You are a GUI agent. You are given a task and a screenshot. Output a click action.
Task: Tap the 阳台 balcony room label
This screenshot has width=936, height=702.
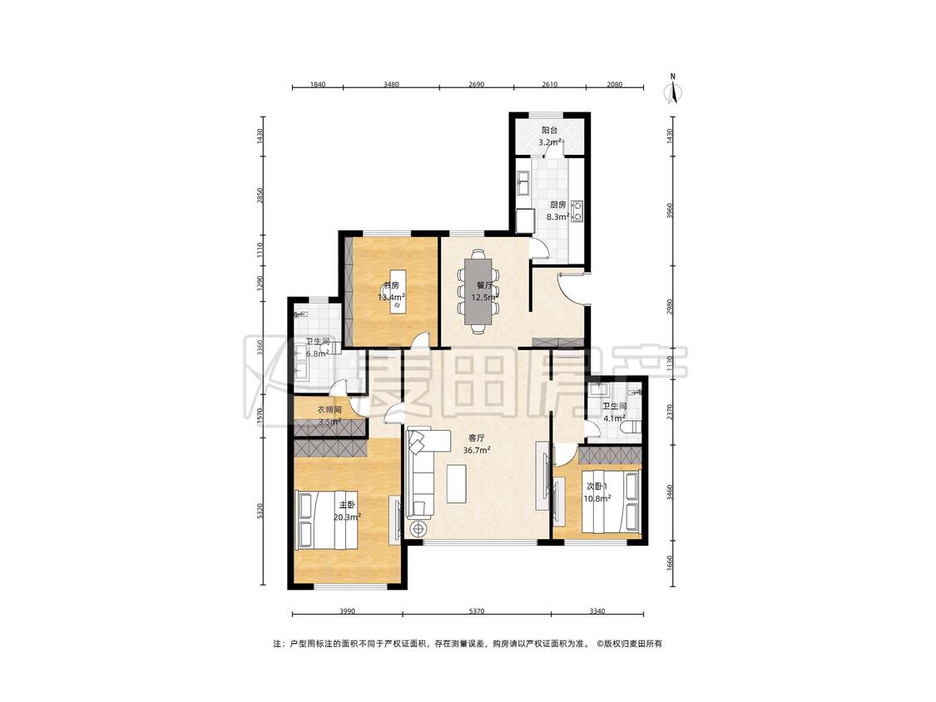(550, 130)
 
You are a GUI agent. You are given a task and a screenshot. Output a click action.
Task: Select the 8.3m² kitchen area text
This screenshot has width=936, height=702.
(557, 217)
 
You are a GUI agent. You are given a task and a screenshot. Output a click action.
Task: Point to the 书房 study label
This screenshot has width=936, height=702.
(392, 285)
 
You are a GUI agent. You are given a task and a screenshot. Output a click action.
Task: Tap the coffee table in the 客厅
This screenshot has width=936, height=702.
(457, 484)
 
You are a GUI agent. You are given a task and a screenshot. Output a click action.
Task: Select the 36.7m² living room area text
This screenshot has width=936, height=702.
(477, 451)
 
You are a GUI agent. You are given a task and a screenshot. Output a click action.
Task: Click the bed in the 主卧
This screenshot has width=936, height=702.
(326, 519)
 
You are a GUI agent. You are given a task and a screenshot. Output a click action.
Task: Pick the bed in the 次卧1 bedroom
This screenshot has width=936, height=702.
(615, 501)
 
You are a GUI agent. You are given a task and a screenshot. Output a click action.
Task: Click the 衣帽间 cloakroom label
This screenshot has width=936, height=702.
(329, 410)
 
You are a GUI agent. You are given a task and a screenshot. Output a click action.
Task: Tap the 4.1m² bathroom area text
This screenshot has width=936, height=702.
(614, 419)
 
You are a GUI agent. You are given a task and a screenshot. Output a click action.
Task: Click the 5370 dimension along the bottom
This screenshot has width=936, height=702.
(477, 611)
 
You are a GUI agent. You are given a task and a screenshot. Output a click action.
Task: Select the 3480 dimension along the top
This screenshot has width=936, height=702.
(391, 84)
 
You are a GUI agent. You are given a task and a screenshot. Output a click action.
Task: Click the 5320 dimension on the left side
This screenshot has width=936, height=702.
(259, 512)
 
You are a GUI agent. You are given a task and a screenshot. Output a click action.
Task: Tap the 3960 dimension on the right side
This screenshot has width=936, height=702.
(670, 210)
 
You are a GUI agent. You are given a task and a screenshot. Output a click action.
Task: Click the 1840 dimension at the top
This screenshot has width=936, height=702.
(318, 84)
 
